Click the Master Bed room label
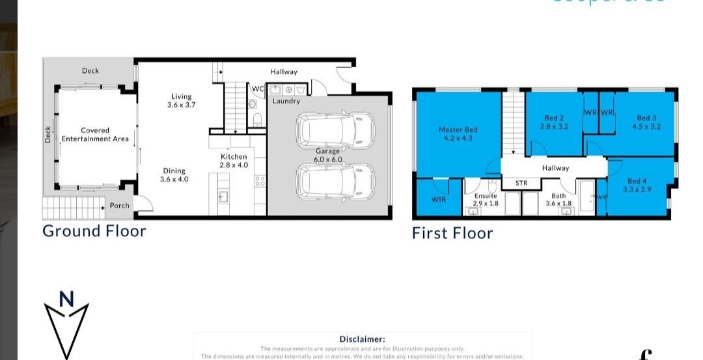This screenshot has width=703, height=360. tap(458, 133)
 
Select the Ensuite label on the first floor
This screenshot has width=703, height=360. tap(485, 199)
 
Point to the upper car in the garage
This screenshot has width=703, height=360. tap(335, 130)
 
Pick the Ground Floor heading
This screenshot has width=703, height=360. tap(94, 230)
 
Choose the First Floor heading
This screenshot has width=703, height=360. tap(452, 233)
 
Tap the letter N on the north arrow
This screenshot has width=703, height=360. tap(66, 299)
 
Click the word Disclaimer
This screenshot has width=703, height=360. tap(362, 339)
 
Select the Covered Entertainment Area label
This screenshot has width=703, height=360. tap(95, 135)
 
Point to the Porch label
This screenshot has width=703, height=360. tap(119, 206)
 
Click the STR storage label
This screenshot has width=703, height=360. tap(521, 184)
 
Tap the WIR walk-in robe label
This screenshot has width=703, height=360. tap(439, 199)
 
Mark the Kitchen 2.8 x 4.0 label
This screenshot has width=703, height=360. tap(233, 161)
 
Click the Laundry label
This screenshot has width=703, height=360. tap(286, 102)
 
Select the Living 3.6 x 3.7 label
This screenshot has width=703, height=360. tap(182, 100)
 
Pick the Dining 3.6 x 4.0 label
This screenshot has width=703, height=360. tap(174, 175)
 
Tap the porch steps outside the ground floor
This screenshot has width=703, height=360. tap(73, 209)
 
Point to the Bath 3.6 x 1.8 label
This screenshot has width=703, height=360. tap(558, 199)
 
